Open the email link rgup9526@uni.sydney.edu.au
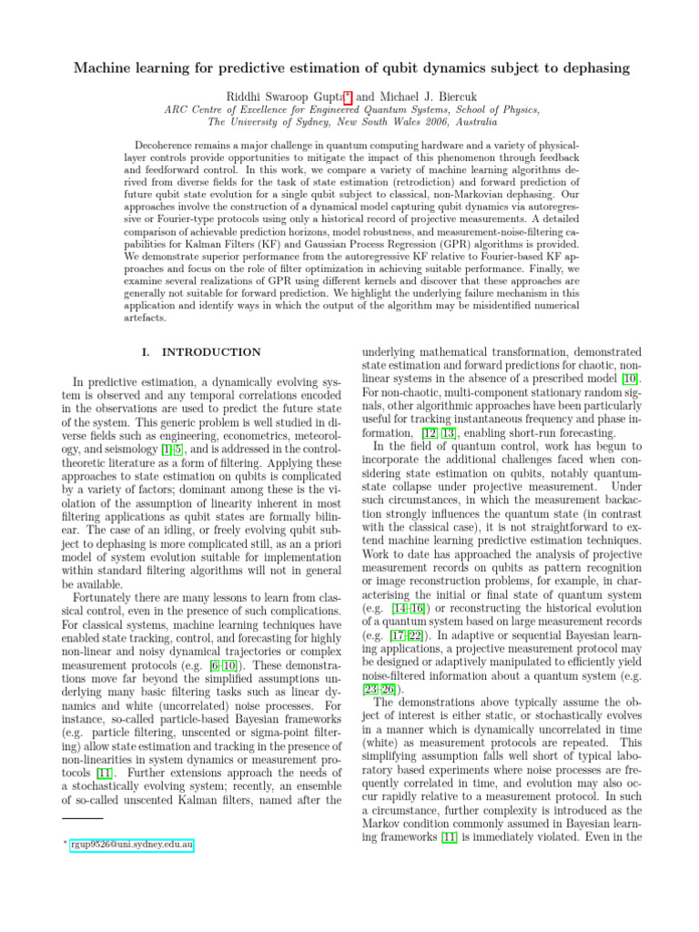click(131, 845)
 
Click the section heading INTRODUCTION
click(210, 352)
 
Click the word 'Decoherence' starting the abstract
click(167, 145)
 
